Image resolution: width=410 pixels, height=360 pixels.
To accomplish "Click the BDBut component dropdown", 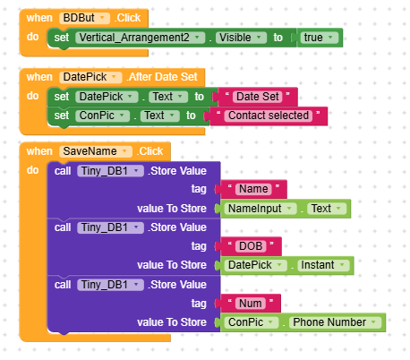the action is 84,18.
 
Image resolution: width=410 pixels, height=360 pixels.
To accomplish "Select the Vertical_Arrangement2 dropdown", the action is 140,38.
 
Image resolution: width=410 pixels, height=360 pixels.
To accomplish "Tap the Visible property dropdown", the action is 241,38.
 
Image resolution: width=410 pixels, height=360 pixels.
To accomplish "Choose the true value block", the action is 319,38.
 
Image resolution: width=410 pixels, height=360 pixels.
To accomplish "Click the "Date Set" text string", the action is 258,97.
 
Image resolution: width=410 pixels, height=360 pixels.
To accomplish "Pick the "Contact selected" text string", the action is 269,116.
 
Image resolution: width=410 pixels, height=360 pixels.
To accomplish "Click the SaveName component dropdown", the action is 96,151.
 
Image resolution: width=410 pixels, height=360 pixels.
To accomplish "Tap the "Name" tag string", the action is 253,189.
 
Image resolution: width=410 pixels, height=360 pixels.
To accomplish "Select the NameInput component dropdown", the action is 261,209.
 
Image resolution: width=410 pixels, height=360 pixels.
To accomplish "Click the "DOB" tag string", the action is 251,246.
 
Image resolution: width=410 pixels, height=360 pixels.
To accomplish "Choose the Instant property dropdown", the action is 323,265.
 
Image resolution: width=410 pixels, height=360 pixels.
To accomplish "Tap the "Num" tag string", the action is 251,304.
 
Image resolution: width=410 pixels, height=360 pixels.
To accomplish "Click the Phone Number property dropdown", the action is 335,322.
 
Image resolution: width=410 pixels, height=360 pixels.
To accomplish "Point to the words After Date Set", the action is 163,77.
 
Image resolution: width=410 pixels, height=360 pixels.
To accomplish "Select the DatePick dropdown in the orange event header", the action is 90,77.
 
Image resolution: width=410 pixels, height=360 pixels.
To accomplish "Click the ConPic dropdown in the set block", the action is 102,116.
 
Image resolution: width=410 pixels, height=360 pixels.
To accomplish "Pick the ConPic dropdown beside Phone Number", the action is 252,322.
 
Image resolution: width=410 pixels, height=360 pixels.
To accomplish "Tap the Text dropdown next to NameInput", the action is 327,209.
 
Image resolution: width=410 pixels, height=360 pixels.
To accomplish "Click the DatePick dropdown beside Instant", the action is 256,265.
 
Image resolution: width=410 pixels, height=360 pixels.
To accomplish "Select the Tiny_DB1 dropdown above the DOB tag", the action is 110,227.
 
